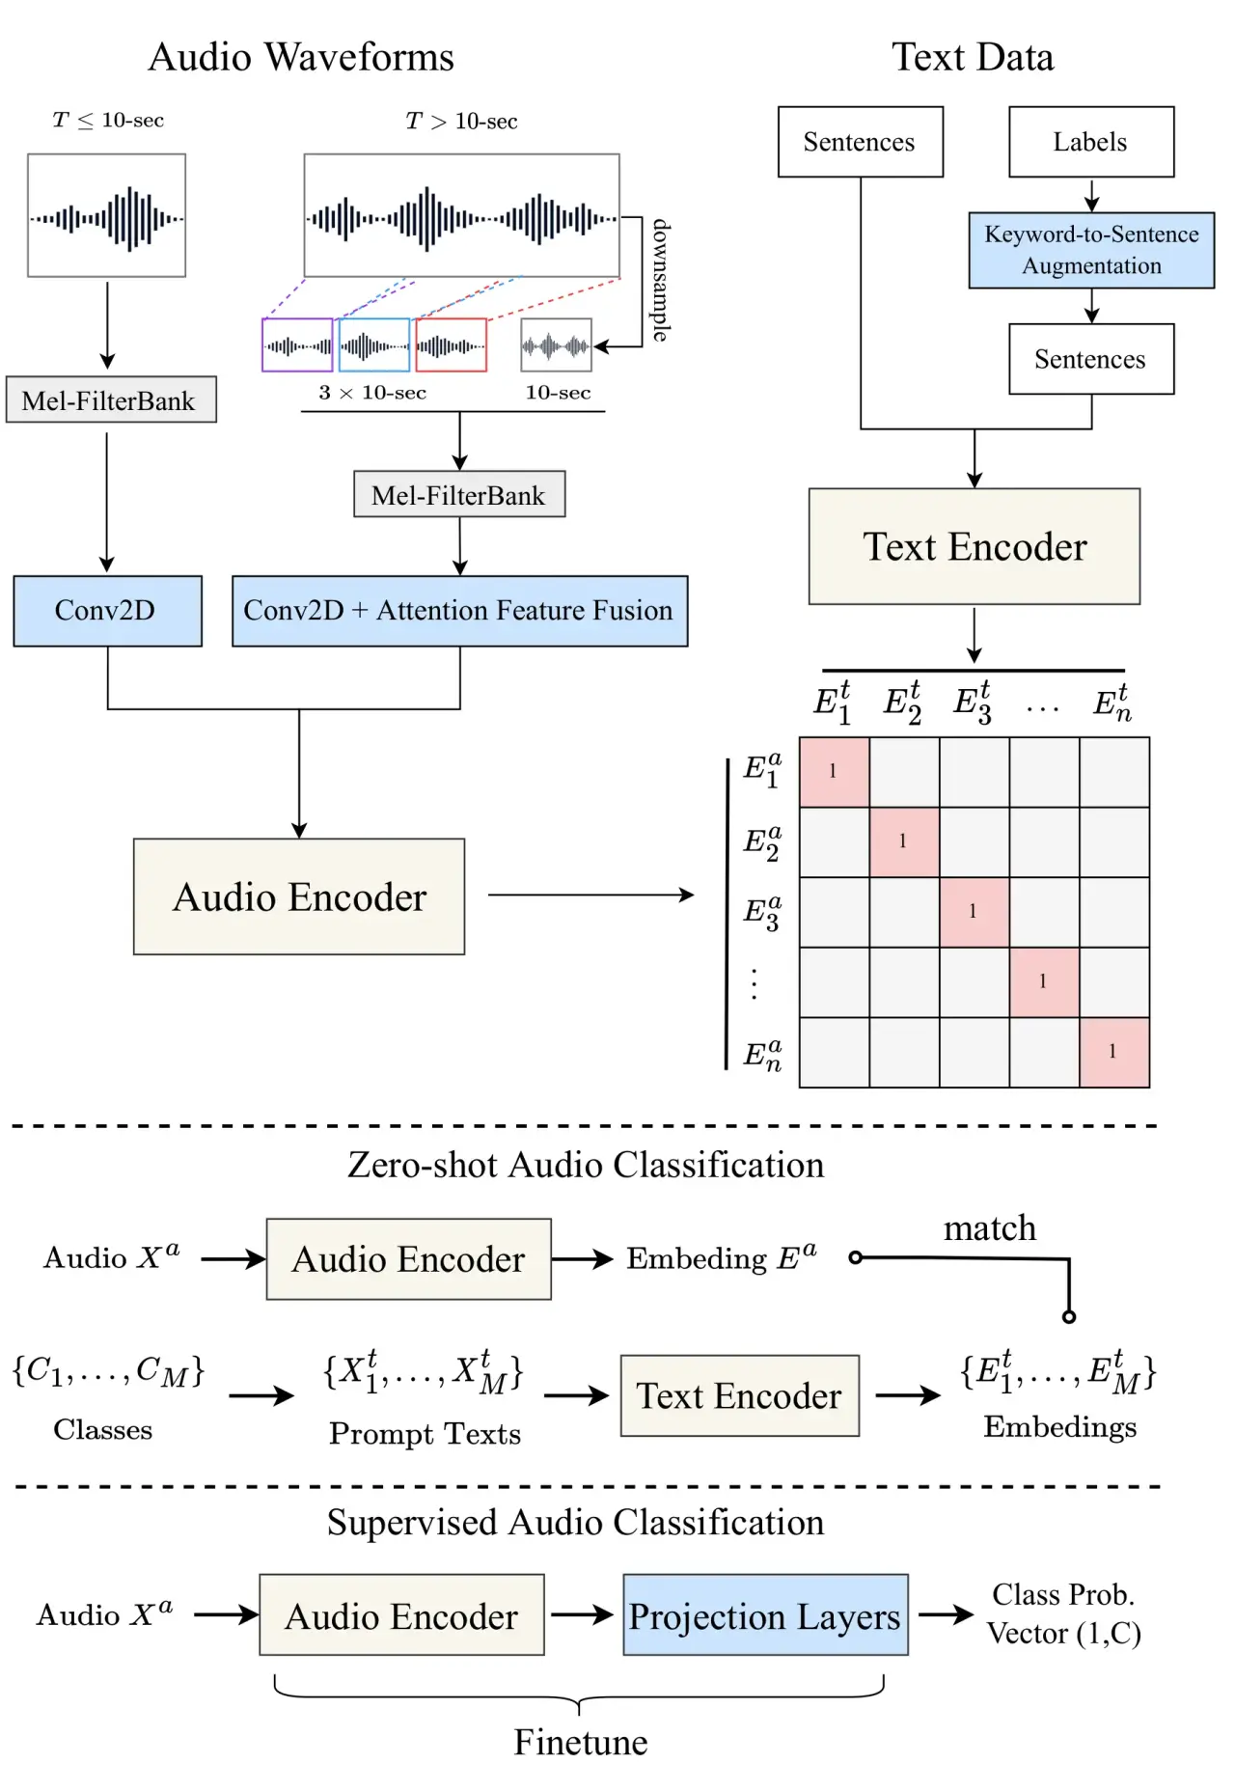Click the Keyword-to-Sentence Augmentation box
[x=1091, y=250]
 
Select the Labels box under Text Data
[x=1091, y=142]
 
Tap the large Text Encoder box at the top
[x=974, y=547]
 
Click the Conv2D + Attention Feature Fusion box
[x=459, y=611]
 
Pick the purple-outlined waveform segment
[x=297, y=345]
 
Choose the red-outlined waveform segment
[x=452, y=345]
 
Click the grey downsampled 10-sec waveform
[x=556, y=345]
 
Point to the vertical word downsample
[x=661, y=280]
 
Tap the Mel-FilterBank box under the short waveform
[x=110, y=400]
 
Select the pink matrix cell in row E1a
[x=834, y=772]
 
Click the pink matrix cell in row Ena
[x=1114, y=1052]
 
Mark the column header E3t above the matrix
[x=973, y=703]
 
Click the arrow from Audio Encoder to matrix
[x=590, y=895]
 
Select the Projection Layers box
[x=765, y=1615]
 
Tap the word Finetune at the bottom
[x=581, y=1743]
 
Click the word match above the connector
[x=990, y=1228]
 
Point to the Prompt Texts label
[x=425, y=1434]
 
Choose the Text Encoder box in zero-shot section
[x=739, y=1396]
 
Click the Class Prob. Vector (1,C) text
[x=1063, y=1614]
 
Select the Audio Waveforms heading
[x=301, y=58]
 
